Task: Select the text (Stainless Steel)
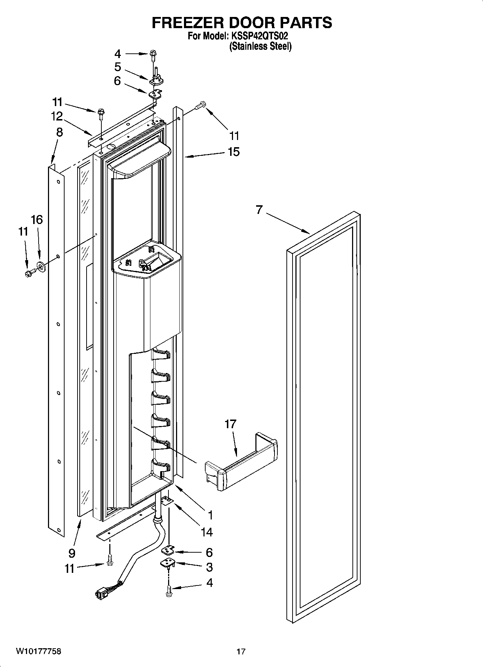click(x=260, y=46)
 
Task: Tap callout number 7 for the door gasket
click(x=259, y=210)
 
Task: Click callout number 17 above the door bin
click(x=230, y=424)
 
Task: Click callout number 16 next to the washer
click(x=37, y=219)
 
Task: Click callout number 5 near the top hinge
click(x=118, y=67)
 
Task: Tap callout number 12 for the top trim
click(x=57, y=116)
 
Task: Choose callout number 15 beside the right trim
click(x=233, y=152)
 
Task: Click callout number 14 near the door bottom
click(x=207, y=532)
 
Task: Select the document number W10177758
click(x=39, y=651)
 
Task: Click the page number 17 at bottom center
click(x=241, y=651)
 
